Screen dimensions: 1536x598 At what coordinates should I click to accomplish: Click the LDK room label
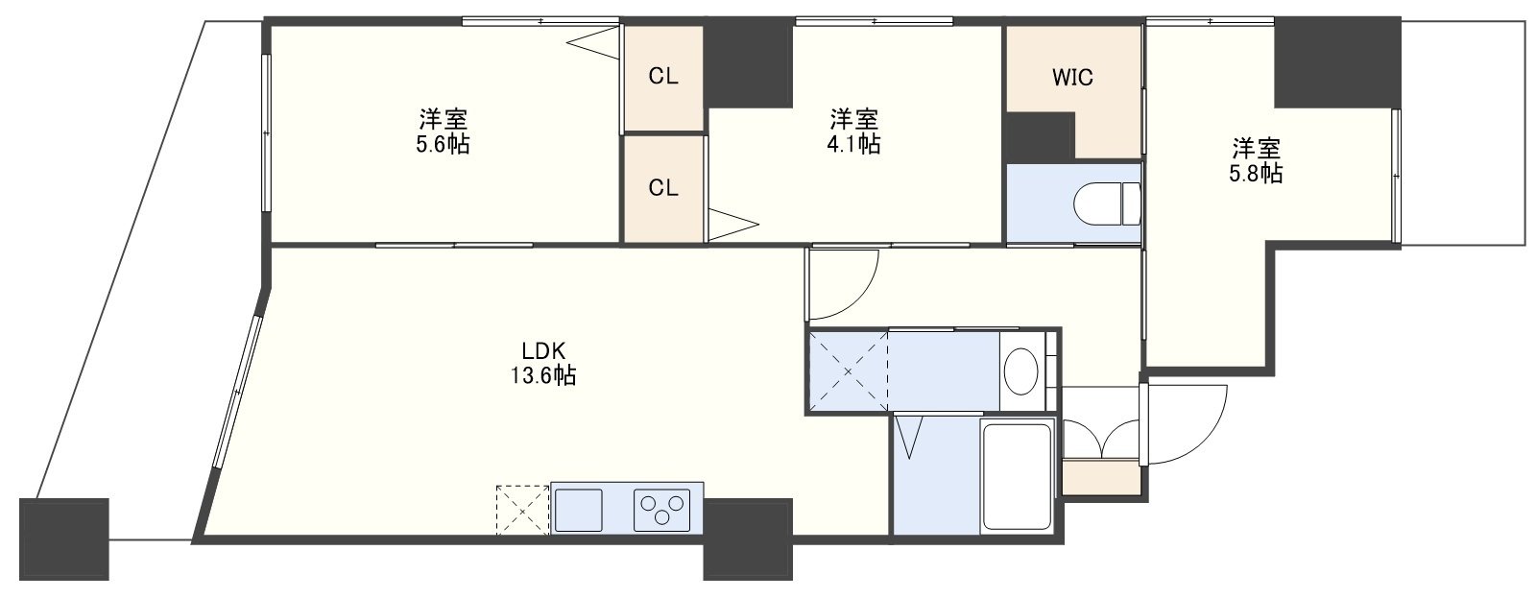click(x=543, y=351)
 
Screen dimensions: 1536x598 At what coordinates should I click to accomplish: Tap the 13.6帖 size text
click(x=542, y=376)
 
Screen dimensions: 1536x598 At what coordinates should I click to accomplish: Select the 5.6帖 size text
click(x=443, y=145)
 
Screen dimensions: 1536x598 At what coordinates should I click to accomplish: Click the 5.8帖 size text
click(x=1256, y=174)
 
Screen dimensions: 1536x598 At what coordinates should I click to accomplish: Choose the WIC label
click(x=1072, y=78)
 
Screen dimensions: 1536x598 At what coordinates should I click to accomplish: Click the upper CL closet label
click(x=663, y=77)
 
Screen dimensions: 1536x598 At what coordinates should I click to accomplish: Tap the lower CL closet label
click(x=663, y=188)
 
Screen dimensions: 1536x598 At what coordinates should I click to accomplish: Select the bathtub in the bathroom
click(x=1017, y=477)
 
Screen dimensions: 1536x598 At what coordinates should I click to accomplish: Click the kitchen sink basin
click(x=578, y=509)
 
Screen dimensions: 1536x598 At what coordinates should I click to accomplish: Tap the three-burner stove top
click(x=661, y=509)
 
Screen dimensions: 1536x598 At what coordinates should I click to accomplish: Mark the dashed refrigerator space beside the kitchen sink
click(x=522, y=510)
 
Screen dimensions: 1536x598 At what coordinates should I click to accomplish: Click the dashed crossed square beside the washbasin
click(x=849, y=371)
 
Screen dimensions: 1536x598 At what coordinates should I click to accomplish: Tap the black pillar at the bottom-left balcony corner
click(x=63, y=539)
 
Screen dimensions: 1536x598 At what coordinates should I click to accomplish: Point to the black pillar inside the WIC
click(x=1040, y=137)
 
